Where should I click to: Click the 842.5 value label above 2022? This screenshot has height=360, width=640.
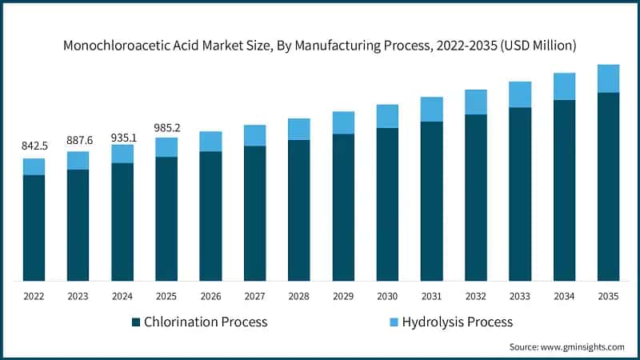(34, 146)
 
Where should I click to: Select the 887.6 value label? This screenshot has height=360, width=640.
(78, 140)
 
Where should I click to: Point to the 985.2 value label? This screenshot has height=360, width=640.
(166, 127)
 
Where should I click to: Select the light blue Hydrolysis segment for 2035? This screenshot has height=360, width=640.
(608, 78)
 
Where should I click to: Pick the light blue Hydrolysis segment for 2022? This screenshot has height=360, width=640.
(34, 166)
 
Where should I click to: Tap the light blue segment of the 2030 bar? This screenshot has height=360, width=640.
(387, 116)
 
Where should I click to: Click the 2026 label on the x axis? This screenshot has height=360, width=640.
(210, 295)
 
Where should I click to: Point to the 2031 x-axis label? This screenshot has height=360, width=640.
(431, 295)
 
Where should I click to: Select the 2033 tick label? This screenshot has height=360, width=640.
(519, 295)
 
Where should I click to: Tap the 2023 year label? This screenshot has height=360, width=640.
(78, 295)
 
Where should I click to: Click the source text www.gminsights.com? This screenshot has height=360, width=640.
(585, 347)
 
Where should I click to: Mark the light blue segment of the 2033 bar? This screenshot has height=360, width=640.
(519, 94)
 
